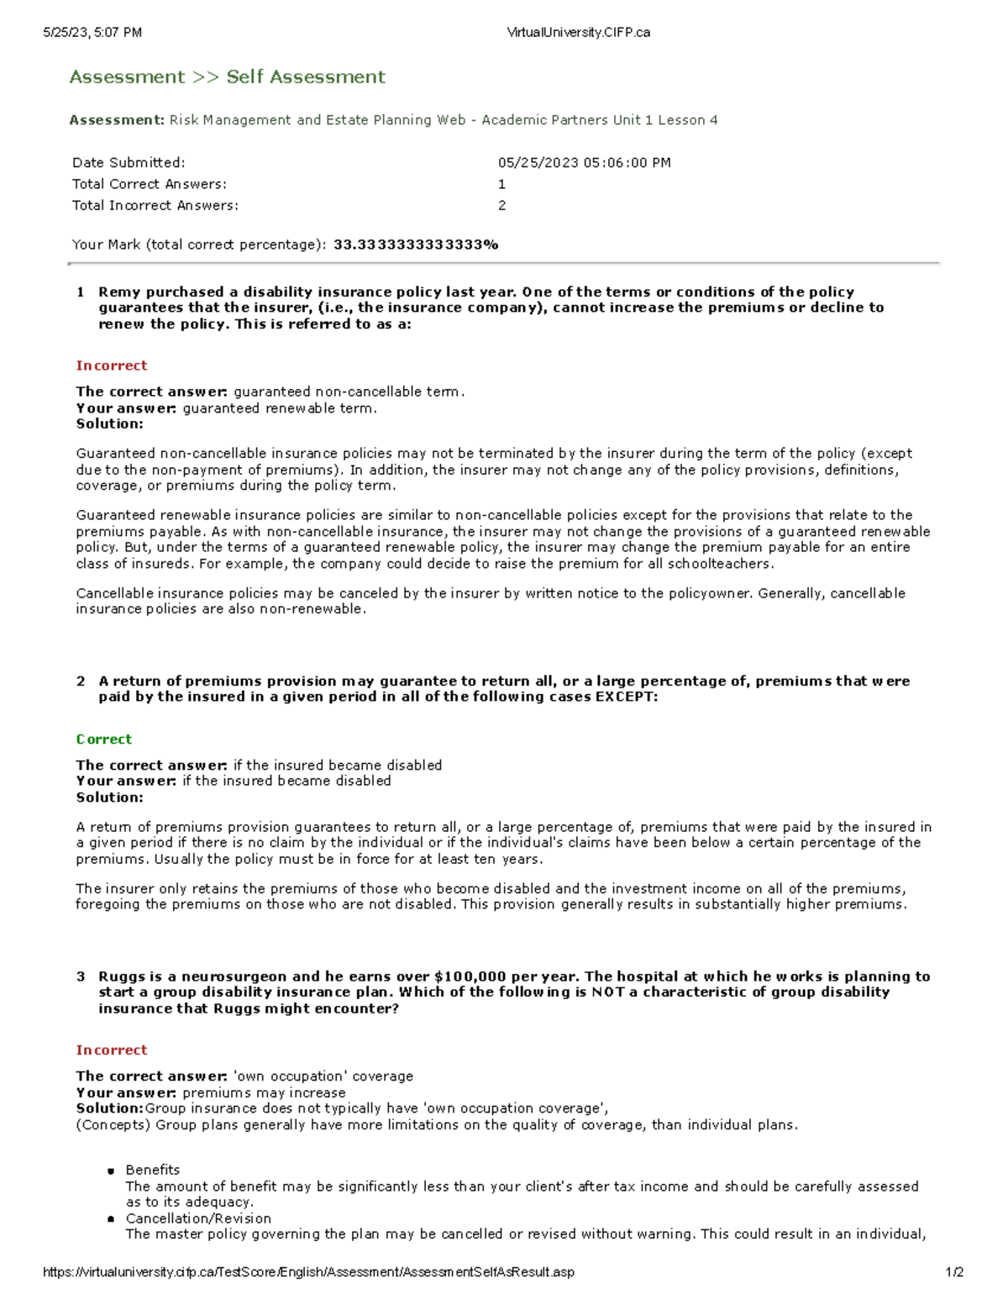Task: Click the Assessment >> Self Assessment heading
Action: coord(227,77)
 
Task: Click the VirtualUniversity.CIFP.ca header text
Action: coord(578,33)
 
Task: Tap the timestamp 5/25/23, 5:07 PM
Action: coord(92,33)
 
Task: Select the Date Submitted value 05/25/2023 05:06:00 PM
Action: coord(584,163)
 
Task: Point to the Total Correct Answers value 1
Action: coord(501,184)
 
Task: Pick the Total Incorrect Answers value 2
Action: coord(501,205)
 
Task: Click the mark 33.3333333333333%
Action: coord(416,245)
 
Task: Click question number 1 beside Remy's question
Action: coord(81,292)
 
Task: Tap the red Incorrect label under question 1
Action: coord(111,366)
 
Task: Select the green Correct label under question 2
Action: coord(103,739)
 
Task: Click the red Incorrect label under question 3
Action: coord(111,1050)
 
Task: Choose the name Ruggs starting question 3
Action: coord(121,976)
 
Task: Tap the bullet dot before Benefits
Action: coord(110,1171)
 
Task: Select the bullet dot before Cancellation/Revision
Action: coord(110,1219)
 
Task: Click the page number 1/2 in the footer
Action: coord(954,1272)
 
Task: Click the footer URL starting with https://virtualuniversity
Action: coord(308,1272)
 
